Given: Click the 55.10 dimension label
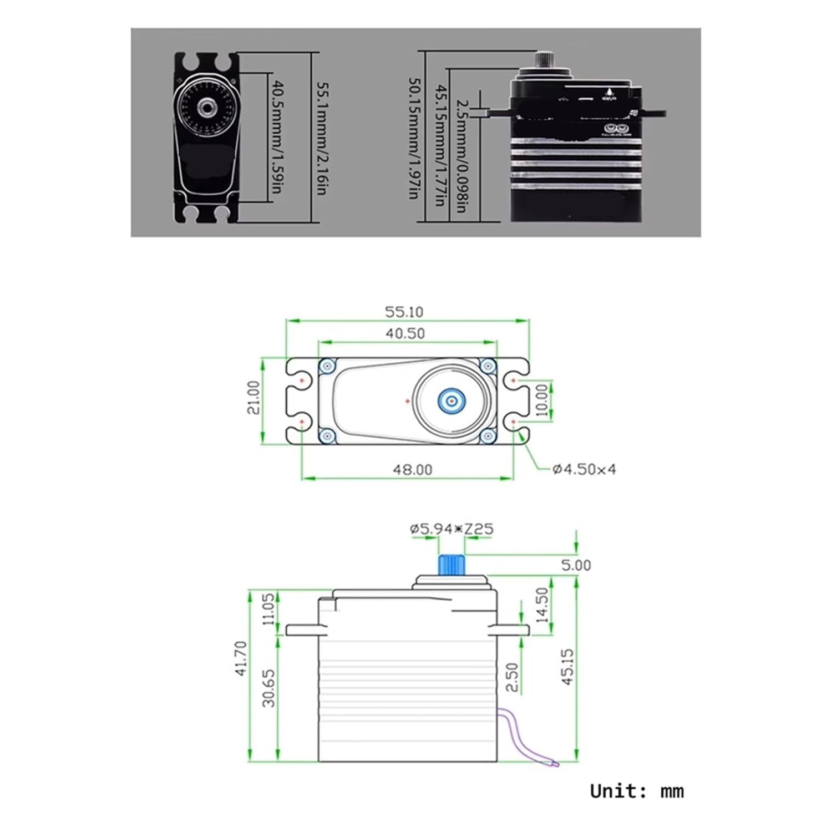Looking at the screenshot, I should pyautogui.click(x=404, y=312).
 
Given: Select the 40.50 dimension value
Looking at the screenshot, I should pyautogui.click(x=405, y=333).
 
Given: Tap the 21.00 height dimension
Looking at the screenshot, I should pyautogui.click(x=253, y=397).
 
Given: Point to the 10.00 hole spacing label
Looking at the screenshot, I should pyautogui.click(x=542, y=400).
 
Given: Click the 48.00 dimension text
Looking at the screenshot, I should pyautogui.click(x=412, y=470).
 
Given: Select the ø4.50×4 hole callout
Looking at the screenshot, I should pyautogui.click(x=584, y=469).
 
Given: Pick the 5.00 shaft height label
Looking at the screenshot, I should pyautogui.click(x=576, y=565).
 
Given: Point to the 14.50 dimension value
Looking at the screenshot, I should pyautogui.click(x=542, y=605).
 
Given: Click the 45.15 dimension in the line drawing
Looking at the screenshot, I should pyautogui.click(x=568, y=667).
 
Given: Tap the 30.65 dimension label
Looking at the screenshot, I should pyautogui.click(x=269, y=688).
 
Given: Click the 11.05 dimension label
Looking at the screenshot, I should pyautogui.click(x=269, y=609).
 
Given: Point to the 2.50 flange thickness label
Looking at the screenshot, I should pyautogui.click(x=513, y=677).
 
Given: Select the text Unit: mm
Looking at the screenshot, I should pyautogui.click(x=636, y=790).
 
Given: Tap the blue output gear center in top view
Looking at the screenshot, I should pyautogui.click(x=451, y=400).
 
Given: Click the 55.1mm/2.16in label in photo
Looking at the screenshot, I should pyautogui.click(x=321, y=139).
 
